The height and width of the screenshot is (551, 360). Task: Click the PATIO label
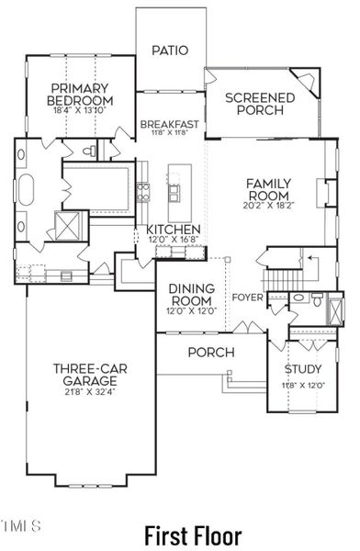click(170, 51)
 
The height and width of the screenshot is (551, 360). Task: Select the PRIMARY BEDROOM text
click(82, 94)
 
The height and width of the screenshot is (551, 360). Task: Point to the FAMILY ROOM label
click(268, 189)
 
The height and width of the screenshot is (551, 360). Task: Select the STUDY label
click(302, 369)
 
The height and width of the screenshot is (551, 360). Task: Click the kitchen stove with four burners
click(143, 192)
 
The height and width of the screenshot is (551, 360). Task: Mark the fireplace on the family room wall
click(321, 192)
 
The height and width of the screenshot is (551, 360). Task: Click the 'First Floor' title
click(194, 534)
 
